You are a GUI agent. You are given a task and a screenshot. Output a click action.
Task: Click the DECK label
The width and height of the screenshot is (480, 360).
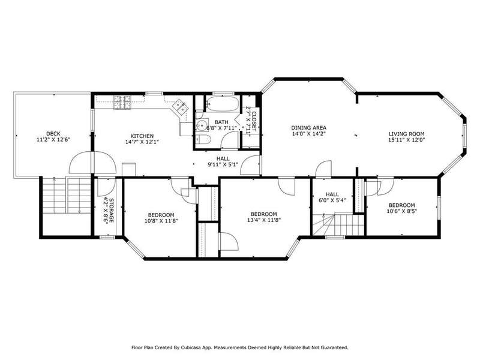pos(53,134)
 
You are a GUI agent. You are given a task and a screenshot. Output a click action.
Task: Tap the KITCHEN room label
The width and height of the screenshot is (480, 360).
pos(142,136)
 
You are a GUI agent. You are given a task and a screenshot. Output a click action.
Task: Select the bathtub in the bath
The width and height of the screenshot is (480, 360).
pos(222,104)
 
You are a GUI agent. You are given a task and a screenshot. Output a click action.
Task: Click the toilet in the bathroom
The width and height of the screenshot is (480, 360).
pos(203,140)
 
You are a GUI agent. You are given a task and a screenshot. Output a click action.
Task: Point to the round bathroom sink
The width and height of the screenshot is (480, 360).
pos(202,125)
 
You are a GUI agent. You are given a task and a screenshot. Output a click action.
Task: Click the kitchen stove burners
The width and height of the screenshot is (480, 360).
pos(123,103)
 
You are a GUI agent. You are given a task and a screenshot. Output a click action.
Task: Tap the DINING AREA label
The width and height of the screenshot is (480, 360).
pos(308,128)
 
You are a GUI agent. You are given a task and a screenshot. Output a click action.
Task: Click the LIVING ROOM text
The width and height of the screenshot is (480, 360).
pos(407,134)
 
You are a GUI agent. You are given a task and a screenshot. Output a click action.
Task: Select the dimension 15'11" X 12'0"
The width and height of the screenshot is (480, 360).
pos(407,140)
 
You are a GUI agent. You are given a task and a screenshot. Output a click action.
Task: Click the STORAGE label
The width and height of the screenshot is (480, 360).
pos(112,211)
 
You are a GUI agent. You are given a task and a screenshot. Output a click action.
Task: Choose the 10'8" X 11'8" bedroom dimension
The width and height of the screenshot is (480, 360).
pos(161,221)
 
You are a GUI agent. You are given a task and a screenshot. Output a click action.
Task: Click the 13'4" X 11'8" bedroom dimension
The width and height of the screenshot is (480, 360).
pos(264,220)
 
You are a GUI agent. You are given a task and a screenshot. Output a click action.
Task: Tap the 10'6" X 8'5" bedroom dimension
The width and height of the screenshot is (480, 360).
pos(401,211)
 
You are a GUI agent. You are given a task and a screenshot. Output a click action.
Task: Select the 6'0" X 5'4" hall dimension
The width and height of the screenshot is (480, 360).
pos(332,200)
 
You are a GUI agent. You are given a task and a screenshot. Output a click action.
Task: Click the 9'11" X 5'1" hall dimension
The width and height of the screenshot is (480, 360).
pos(223,164)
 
